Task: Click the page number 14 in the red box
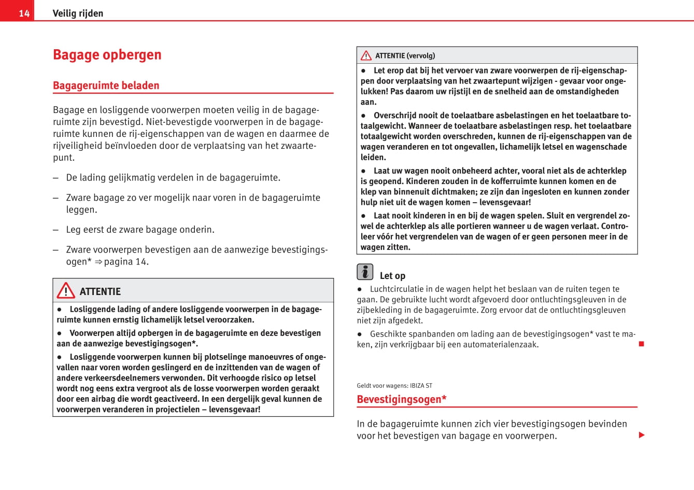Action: [x=24, y=13]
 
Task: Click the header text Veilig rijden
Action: [x=78, y=13]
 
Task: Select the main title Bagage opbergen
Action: [x=107, y=54]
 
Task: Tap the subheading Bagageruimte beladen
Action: [x=106, y=86]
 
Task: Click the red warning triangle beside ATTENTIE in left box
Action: [x=66, y=291]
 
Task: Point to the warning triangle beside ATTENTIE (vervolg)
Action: [x=366, y=55]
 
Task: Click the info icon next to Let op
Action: [x=365, y=272]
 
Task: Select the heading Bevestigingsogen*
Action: [x=402, y=399]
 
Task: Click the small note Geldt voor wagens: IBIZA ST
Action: [x=394, y=386]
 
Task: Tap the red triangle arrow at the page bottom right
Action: [x=642, y=435]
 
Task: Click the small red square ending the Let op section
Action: [x=641, y=344]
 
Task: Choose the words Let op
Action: [x=392, y=276]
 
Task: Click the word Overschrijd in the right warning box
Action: [x=395, y=115]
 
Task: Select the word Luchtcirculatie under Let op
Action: [x=396, y=289]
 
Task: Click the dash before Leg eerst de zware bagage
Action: [x=55, y=230]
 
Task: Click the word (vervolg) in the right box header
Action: [x=421, y=55]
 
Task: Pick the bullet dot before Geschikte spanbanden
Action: [x=360, y=334]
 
